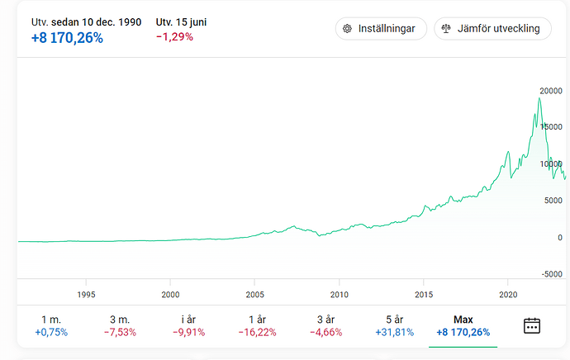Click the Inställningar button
[x=381, y=28]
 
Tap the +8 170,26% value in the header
[x=67, y=37]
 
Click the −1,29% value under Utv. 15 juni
[x=174, y=37]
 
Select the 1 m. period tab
[x=51, y=325]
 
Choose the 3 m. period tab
[x=120, y=325]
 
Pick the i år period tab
[x=189, y=325]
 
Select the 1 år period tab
[x=258, y=325]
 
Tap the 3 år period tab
[x=326, y=325]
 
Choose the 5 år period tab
[x=395, y=325]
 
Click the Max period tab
[x=463, y=325]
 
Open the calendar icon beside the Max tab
[x=532, y=325]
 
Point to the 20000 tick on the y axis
[x=551, y=90]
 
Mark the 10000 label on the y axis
[x=551, y=163]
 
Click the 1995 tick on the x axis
[x=86, y=294]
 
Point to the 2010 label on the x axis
[x=339, y=294]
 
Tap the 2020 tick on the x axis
[x=509, y=294]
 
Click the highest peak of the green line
[x=539, y=98]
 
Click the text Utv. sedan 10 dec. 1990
[x=86, y=21]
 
